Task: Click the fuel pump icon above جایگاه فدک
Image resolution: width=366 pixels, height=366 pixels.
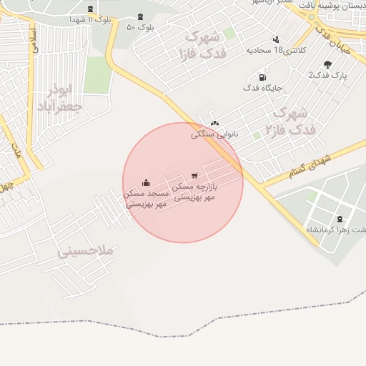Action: point(263,77)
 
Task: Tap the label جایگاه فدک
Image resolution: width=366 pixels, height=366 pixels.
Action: point(264,88)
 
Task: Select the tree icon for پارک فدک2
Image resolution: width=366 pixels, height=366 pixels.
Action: point(327,64)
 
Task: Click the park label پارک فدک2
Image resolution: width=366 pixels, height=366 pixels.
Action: point(327,75)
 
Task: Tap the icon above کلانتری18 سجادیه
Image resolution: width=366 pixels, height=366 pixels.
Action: point(276,39)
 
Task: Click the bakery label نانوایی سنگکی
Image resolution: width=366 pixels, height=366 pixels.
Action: point(214,134)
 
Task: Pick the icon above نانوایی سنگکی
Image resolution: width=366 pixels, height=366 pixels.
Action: point(214,123)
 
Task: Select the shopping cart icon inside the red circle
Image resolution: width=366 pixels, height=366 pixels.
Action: point(195,175)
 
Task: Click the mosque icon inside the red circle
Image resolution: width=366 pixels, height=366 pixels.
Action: point(147,182)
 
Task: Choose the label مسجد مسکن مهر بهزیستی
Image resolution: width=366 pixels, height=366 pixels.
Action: point(147,198)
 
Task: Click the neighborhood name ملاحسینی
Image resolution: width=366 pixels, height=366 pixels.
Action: point(86,252)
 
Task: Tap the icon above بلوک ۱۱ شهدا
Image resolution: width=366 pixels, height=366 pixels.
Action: point(90,9)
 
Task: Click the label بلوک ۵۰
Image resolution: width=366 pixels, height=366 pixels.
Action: point(140,27)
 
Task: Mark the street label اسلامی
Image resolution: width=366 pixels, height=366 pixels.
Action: point(34,42)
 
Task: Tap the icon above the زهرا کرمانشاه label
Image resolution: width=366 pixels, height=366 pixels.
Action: point(339,219)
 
